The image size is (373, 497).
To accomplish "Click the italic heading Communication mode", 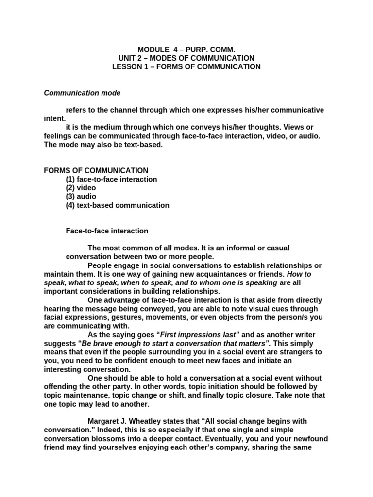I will click(x=82, y=93).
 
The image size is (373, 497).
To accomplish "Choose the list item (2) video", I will click(x=81, y=188).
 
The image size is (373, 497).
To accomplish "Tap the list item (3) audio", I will click(x=81, y=197).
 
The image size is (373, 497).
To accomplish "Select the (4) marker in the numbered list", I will click(x=71, y=205).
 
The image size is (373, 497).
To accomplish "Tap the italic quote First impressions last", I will click(x=199, y=335).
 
